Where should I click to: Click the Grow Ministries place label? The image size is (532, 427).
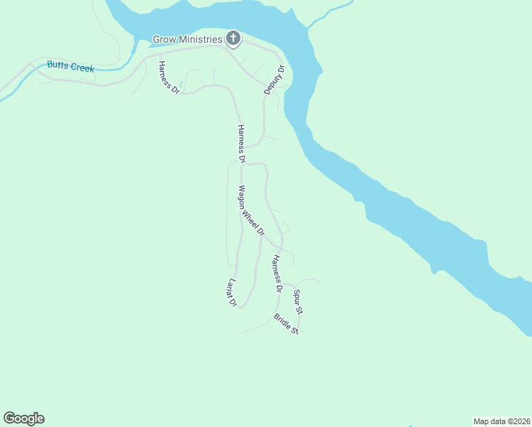coord(188,38)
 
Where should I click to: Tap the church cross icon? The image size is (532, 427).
coord(233,38)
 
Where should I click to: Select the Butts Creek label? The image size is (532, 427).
coord(70,67)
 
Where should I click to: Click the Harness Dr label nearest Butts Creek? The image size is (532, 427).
coord(169,78)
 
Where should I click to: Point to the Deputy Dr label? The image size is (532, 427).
coord(274,80)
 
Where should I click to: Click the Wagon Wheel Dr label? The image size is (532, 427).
coord(251,211)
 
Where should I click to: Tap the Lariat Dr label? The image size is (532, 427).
coord(230,292)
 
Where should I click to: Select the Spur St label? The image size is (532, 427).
coord(299,302)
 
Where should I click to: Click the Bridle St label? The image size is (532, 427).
coord(286,324)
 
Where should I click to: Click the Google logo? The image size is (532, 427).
coord(23,418)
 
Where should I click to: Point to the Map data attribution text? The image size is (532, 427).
coord(501,421)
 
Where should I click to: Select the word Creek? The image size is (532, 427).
coord(81,68)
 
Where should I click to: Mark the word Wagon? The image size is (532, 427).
coord(243,195)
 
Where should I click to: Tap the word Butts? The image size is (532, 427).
coord(57,65)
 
